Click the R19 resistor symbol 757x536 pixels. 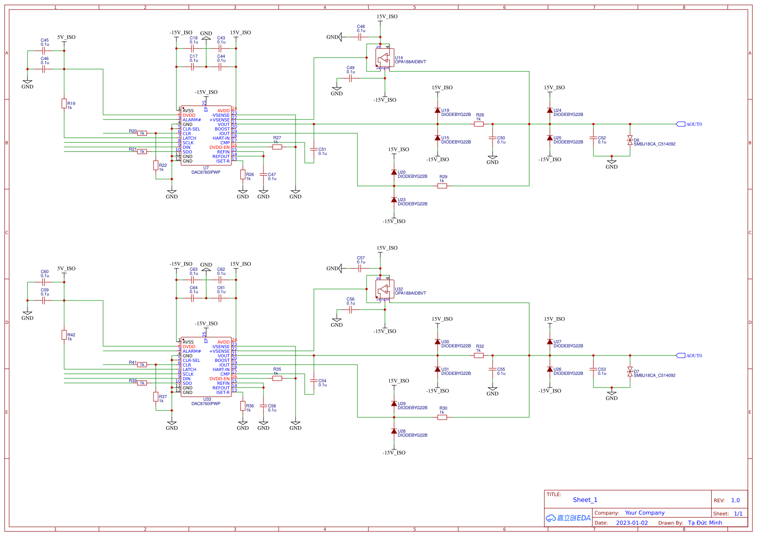coord(64,104)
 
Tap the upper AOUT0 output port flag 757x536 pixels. coord(681,124)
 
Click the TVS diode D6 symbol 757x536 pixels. coord(630,140)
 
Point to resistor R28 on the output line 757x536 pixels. coord(479,124)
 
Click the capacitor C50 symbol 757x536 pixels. coord(493,138)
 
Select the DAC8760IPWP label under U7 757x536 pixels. coord(206,173)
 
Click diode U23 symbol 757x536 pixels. coord(394,200)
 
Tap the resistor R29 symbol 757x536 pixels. coord(442,186)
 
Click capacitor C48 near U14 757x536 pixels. coord(361,37)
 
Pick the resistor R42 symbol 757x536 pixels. coord(64,335)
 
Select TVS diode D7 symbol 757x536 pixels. coord(630,372)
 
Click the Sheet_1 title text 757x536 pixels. coord(585,500)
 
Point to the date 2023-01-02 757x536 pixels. coord(631,523)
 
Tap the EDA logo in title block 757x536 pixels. coord(568,518)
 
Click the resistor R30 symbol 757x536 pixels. coord(442,417)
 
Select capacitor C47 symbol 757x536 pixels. coord(263,175)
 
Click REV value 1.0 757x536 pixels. coord(735,500)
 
